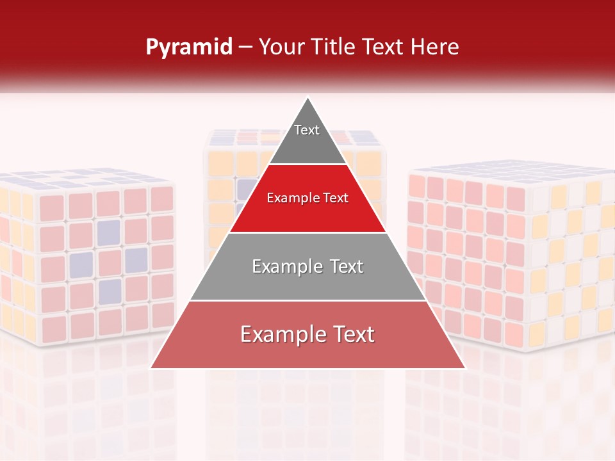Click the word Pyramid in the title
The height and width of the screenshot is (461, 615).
(188, 47)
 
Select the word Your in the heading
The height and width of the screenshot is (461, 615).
(281, 47)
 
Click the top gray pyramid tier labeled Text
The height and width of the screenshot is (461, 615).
(307, 138)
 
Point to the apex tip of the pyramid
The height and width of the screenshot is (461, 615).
(308, 98)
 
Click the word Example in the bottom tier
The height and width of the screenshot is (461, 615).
(279, 335)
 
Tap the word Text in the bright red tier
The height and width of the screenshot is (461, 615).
(335, 198)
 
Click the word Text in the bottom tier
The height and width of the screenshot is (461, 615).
(352, 335)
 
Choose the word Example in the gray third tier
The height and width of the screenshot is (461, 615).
(284, 266)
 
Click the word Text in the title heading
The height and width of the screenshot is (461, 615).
(382, 47)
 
